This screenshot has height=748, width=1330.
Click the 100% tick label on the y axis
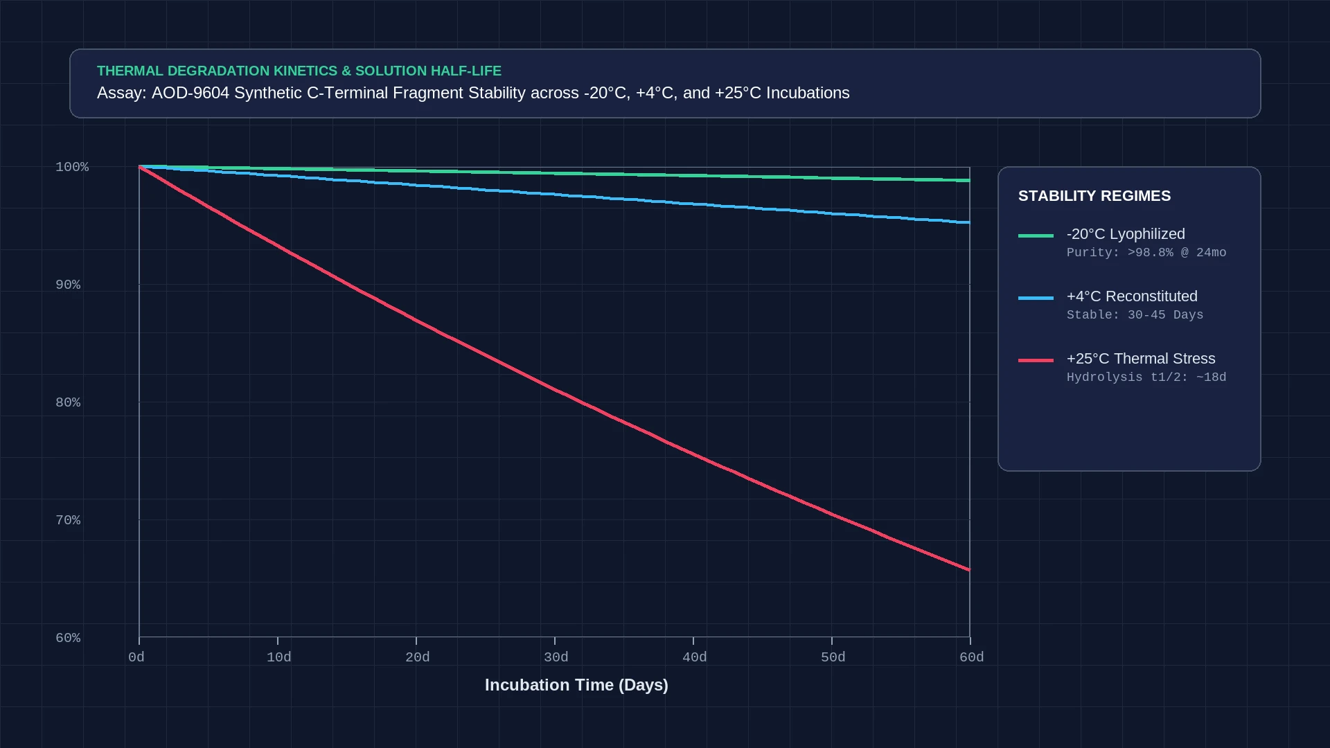pos(72,167)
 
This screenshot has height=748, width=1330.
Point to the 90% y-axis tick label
pos(68,285)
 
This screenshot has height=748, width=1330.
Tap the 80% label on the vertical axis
pos(68,402)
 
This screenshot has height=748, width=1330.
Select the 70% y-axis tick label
pos(68,520)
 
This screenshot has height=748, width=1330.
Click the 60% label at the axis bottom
pos(68,638)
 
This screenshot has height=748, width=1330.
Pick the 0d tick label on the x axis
pos(136,657)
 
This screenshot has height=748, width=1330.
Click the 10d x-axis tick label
pos(279,657)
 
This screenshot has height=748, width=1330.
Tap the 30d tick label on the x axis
pos(556,657)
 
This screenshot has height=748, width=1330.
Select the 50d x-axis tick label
pos(833,657)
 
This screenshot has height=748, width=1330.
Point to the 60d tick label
pos(972,657)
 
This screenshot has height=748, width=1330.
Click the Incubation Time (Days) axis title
pos(576,685)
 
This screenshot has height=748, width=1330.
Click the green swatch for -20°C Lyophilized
pos(1036,235)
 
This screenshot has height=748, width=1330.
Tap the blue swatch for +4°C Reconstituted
pos(1036,298)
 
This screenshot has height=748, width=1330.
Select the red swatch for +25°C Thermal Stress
pos(1036,360)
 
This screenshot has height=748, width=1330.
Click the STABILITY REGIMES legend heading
pos(1094,196)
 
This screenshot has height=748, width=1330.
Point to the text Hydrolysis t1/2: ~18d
pos(1146,377)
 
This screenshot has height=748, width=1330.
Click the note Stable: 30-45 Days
pos(1135,315)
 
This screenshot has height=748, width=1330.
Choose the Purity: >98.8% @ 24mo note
pos(1146,253)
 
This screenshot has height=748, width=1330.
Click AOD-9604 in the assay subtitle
pos(190,93)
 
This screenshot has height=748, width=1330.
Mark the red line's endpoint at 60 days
pos(969,570)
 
